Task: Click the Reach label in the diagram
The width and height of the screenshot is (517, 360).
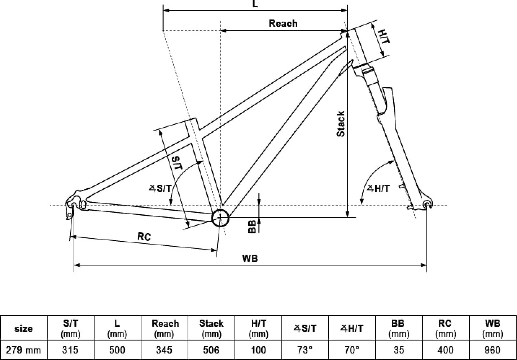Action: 283,23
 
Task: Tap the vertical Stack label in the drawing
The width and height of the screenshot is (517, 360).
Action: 341,124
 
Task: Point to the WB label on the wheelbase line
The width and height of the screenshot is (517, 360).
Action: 250,258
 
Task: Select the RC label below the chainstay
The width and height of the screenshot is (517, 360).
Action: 144,237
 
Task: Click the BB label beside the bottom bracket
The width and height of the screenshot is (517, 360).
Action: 252,227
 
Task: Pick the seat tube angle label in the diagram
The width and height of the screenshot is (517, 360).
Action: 160,189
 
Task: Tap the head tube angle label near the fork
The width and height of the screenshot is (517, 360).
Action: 378,189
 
